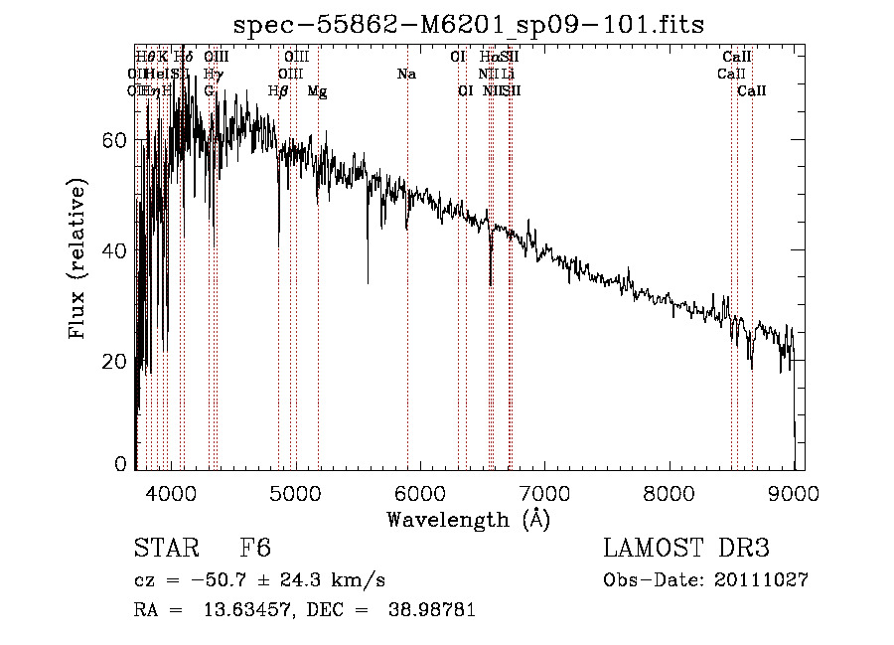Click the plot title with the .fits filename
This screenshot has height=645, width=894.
point(468,25)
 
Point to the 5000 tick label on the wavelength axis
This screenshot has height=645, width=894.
point(295,492)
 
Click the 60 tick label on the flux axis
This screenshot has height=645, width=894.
point(113,140)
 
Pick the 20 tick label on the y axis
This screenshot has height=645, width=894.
point(113,360)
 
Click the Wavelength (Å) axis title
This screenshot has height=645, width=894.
point(468,519)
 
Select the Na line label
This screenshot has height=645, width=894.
point(406,75)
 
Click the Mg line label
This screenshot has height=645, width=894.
point(317,91)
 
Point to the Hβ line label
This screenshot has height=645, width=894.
point(278,91)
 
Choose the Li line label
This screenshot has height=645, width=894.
point(508,75)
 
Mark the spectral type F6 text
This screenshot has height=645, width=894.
point(255,550)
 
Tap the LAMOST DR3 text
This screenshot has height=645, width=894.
point(686,550)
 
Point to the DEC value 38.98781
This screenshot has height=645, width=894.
point(434,611)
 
